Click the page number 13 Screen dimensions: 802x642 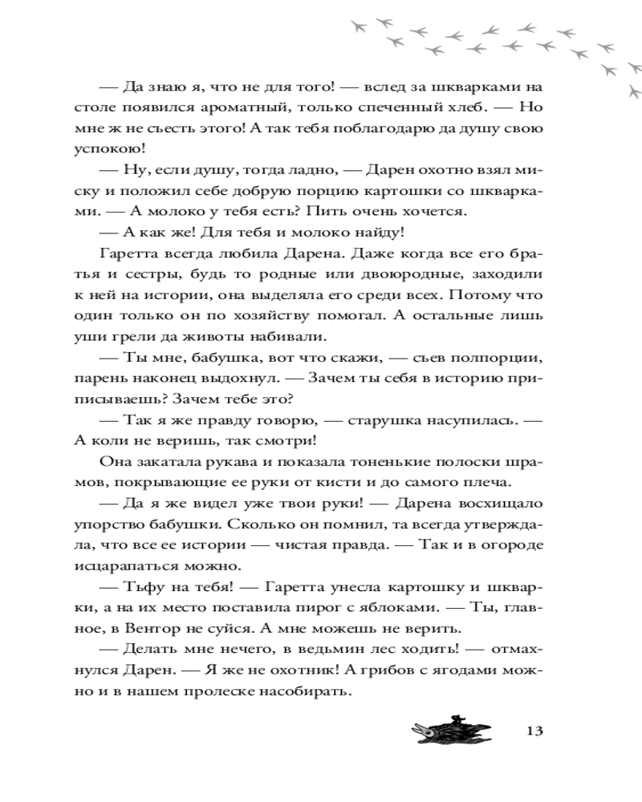pos(535,731)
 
